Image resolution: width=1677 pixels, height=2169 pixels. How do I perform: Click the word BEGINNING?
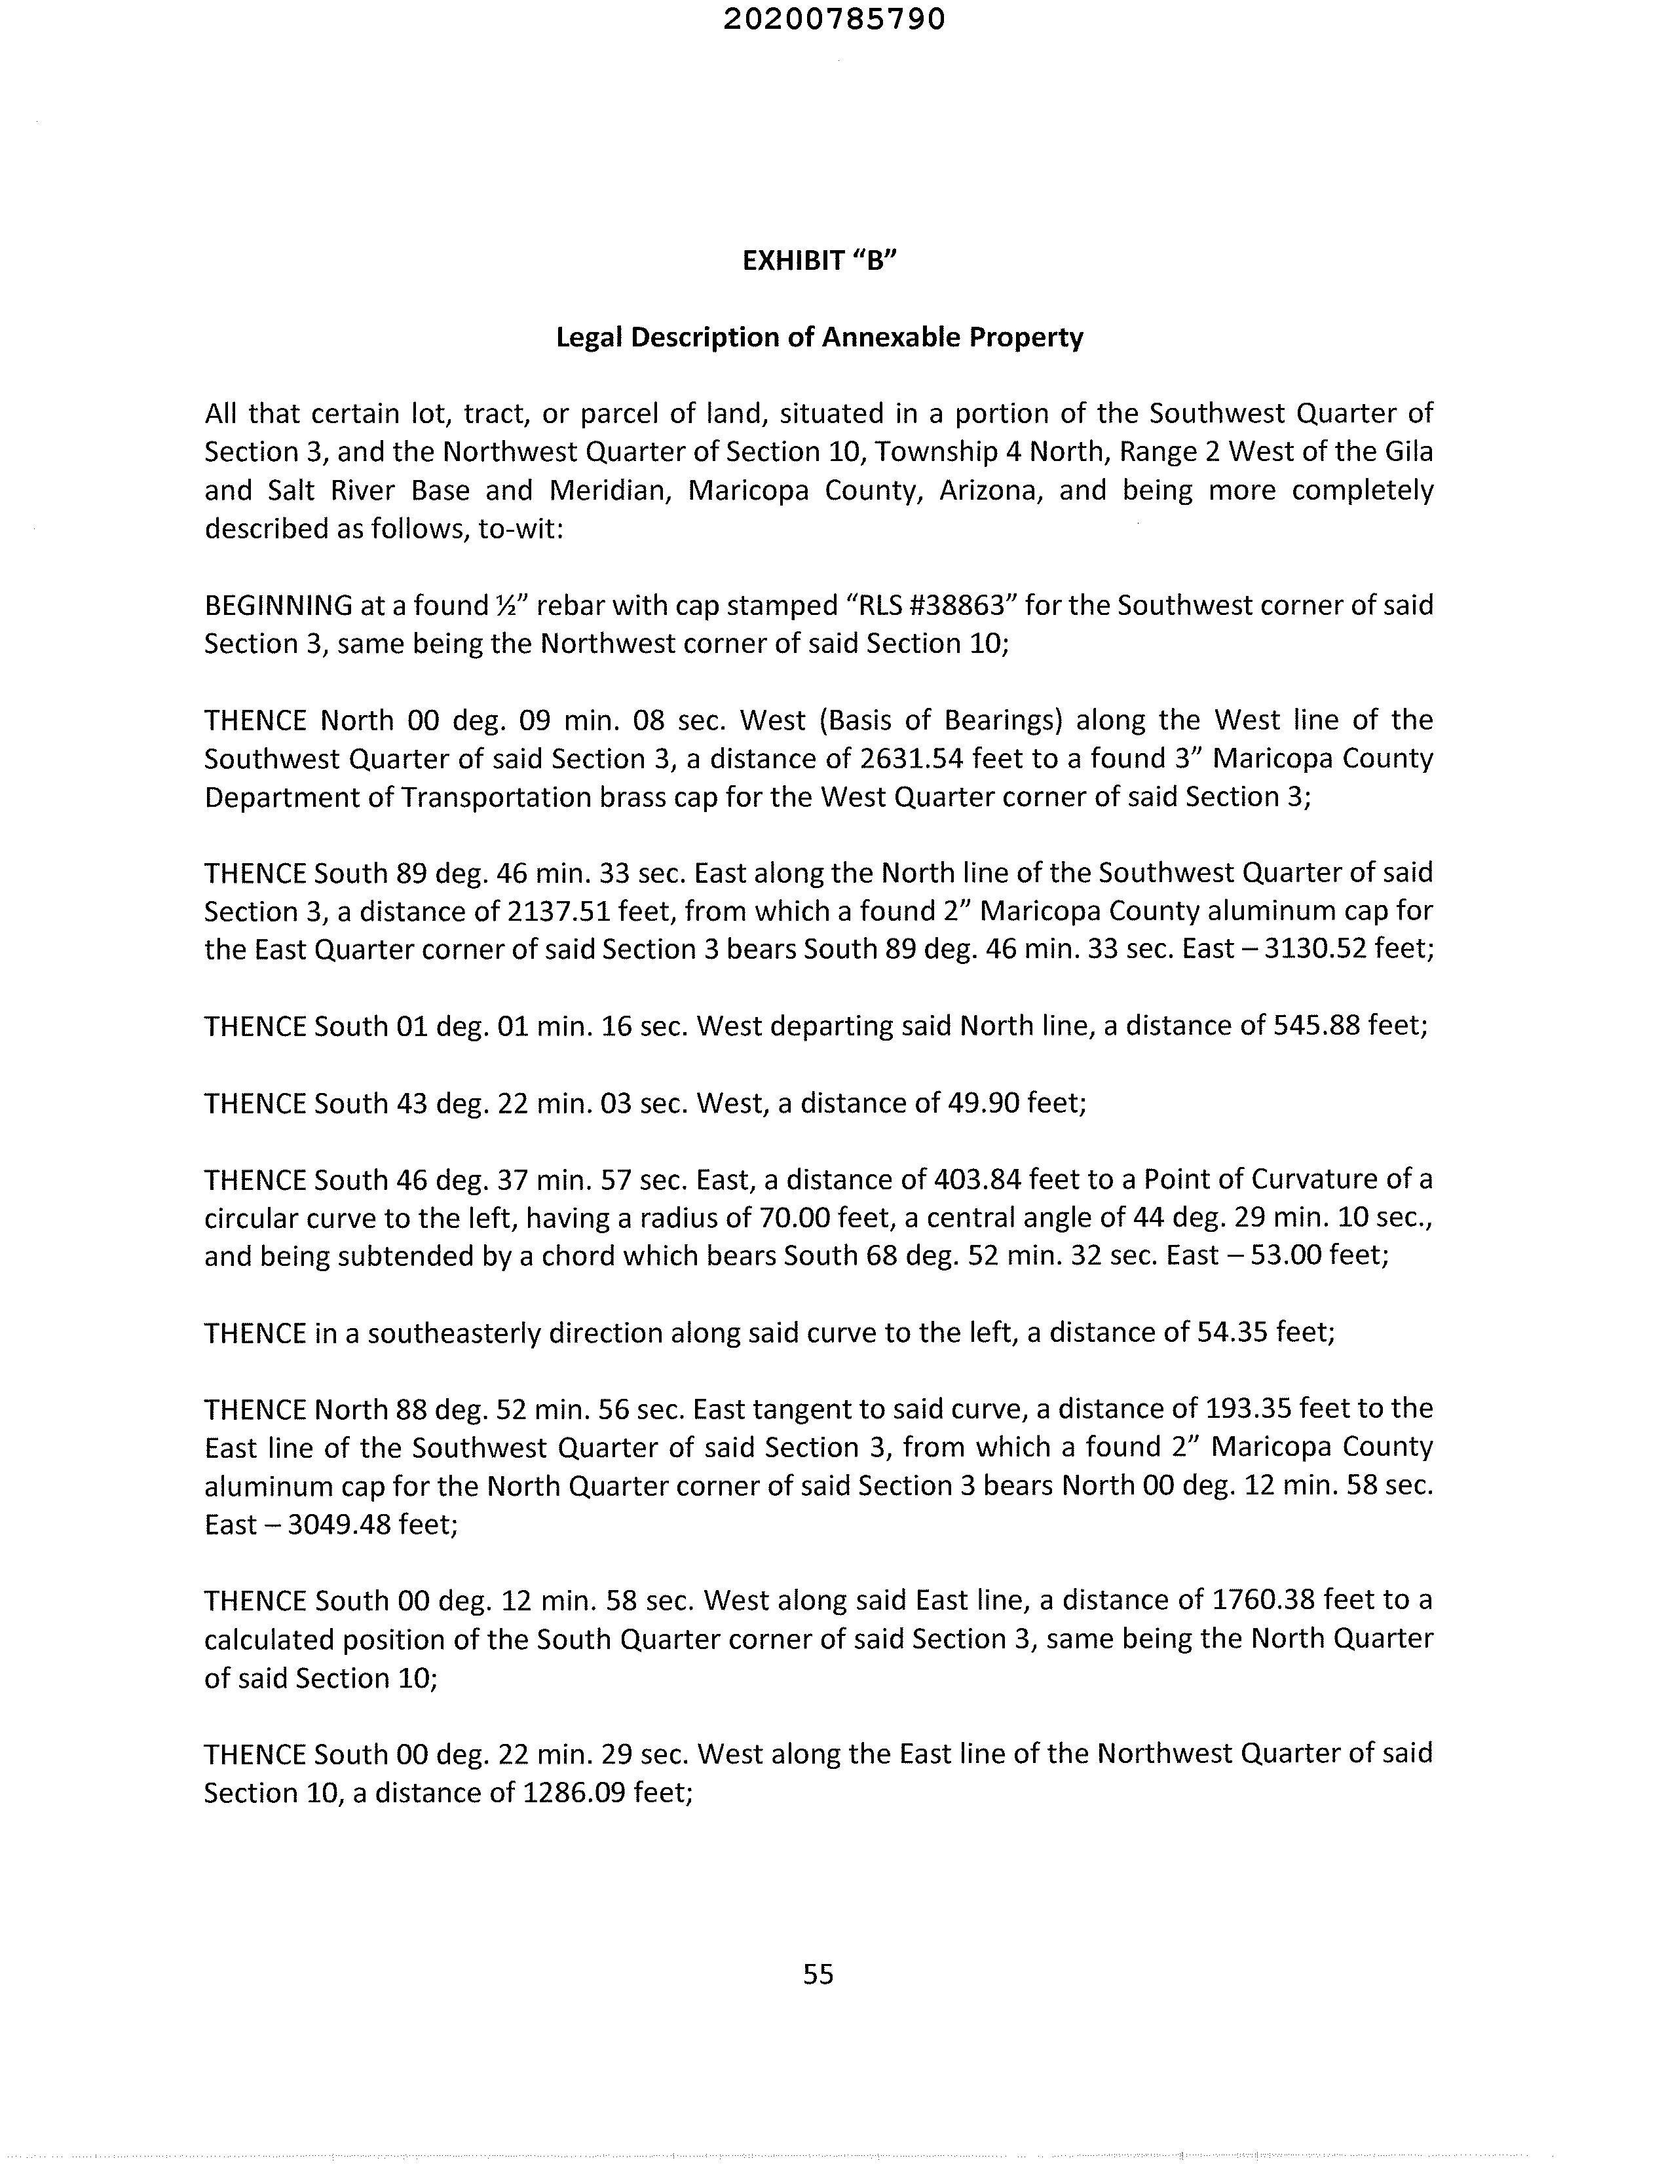278,606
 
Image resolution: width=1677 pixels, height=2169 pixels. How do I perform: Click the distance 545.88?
1316,1026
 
